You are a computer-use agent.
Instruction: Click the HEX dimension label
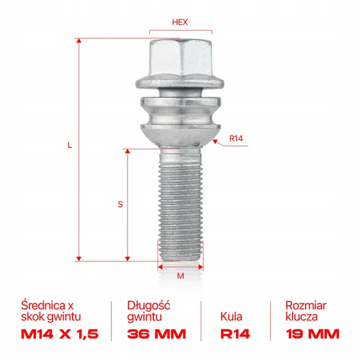(x=180, y=22)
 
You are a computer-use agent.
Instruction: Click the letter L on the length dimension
(x=70, y=145)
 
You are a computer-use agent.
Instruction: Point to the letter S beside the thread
(x=120, y=204)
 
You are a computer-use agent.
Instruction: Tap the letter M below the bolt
(x=181, y=275)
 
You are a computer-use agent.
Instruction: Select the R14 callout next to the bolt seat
(x=237, y=139)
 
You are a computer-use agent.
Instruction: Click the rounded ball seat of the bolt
(x=180, y=127)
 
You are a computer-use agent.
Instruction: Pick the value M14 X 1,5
(x=59, y=334)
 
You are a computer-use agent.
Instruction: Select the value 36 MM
(x=156, y=334)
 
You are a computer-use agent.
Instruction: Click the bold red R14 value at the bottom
(x=235, y=334)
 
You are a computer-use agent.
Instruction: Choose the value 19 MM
(x=313, y=334)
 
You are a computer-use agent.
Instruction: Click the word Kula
(x=231, y=317)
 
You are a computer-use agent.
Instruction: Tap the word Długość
(x=149, y=306)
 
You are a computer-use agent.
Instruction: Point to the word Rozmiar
(x=306, y=306)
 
